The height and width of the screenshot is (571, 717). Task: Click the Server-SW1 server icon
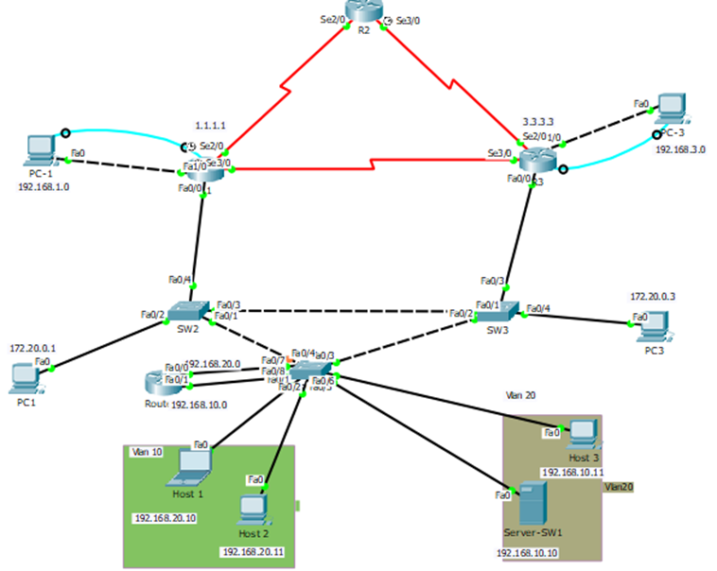531,505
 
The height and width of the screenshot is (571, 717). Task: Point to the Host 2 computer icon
252,509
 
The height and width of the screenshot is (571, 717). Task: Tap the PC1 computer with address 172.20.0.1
23,378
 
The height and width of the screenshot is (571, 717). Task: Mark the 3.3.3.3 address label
540,123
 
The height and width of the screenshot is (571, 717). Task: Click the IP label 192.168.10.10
528,553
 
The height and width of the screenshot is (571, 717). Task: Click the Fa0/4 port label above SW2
180,279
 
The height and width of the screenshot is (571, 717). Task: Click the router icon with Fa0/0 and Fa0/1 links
157,381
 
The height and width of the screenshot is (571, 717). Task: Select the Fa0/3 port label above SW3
492,281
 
